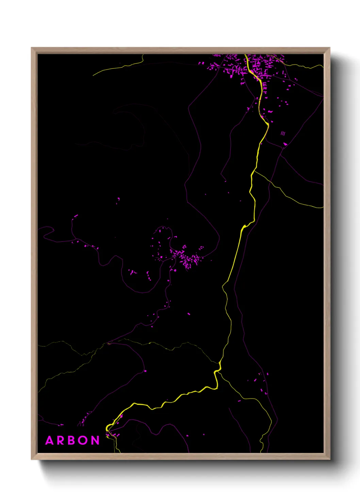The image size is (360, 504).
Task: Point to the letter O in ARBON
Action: pyautogui.click(x=84, y=441)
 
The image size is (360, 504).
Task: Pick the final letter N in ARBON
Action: pyautogui.click(x=95, y=441)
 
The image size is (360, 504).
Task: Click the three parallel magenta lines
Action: pyautogui.click(x=283, y=133)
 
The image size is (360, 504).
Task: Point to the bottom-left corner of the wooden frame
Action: pyautogui.click(x=32, y=459)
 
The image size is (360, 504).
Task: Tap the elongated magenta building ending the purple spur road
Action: pyautogui.click(x=76, y=216)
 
